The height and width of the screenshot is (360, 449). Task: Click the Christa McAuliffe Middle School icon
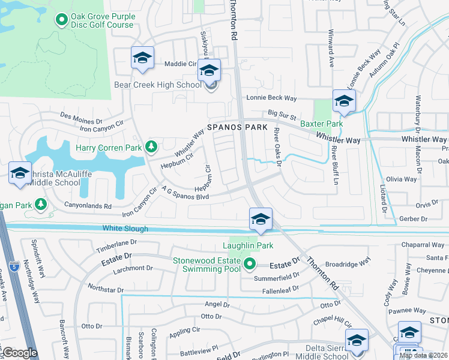20,173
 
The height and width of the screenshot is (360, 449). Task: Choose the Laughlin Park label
248,245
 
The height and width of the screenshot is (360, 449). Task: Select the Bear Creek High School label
158,85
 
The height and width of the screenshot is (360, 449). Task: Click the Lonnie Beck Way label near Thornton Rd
272,98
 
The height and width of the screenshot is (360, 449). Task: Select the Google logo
19,352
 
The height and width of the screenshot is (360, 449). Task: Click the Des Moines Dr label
82,116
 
